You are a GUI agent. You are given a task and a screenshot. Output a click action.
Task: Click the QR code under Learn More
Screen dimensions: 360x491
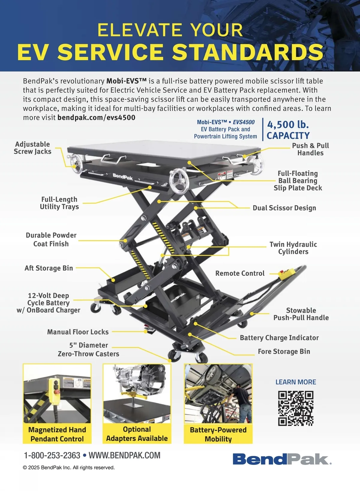click(x=296, y=408)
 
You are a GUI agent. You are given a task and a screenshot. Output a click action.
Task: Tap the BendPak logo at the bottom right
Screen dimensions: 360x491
click(x=282, y=459)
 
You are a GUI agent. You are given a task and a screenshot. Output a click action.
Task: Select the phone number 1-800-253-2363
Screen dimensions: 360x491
click(x=52, y=455)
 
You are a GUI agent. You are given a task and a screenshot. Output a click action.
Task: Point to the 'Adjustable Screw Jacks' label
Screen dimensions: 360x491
click(x=32, y=148)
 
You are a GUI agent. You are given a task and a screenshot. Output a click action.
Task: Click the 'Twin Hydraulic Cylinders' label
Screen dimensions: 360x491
click(x=293, y=248)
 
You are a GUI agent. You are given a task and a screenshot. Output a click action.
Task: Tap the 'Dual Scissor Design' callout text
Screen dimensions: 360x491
click(x=284, y=208)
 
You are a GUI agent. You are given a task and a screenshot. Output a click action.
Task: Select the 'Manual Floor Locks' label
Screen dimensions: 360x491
click(x=78, y=332)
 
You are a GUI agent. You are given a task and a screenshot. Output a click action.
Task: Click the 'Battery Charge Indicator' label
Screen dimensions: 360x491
click(x=279, y=338)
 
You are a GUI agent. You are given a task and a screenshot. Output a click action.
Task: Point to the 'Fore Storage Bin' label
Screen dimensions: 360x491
click(x=284, y=351)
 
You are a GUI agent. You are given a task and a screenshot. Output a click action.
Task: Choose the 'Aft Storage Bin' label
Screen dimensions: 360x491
click(x=49, y=268)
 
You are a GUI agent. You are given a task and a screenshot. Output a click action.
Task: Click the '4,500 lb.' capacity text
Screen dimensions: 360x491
click(x=288, y=124)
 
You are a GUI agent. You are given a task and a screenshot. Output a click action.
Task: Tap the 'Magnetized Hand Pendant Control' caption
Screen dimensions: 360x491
click(x=57, y=434)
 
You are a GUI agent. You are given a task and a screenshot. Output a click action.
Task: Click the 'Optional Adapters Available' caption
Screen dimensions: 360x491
click(x=137, y=433)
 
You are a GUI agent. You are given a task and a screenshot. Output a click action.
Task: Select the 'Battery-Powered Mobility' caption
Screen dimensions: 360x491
click(x=218, y=434)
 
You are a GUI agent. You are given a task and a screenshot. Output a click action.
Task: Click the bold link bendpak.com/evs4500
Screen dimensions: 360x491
click(x=96, y=118)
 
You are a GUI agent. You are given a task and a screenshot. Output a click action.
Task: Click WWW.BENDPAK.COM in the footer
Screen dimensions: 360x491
click(x=124, y=455)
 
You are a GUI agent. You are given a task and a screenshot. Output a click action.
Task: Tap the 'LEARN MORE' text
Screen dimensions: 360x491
click(x=296, y=382)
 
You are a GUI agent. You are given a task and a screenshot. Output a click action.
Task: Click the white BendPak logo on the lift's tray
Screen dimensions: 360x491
click(x=123, y=177)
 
